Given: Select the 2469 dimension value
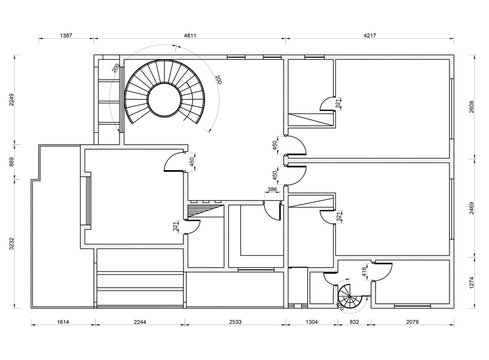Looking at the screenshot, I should coord(473,212).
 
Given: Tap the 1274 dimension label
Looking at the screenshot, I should coord(473,281).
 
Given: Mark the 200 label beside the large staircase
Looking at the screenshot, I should coord(219,79).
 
